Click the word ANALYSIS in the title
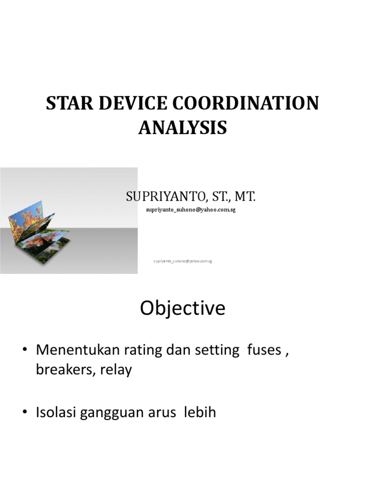click(183, 127)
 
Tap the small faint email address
click(183, 261)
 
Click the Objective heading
click(183, 309)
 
